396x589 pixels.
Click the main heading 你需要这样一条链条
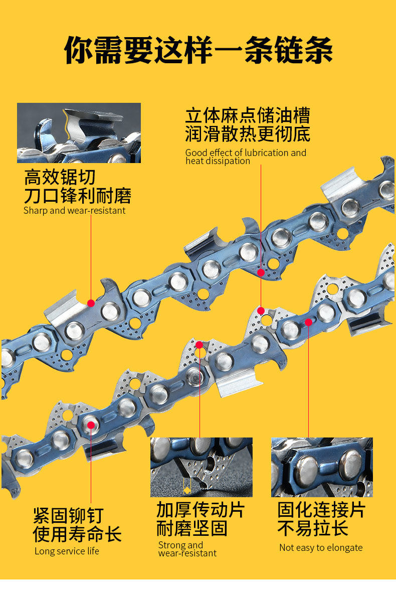[199, 50]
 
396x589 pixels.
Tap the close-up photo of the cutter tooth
[79, 133]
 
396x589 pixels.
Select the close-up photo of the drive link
[201, 467]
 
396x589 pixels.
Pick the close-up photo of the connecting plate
[322, 467]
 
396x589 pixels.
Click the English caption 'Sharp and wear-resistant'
[74, 211]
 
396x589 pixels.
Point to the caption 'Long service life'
[67, 551]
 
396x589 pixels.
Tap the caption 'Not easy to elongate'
[321, 547]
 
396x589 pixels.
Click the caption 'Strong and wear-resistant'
[187, 549]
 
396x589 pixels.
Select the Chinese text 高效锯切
[60, 177]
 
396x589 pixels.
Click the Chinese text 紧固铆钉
[68, 515]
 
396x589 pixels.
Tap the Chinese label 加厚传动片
[201, 510]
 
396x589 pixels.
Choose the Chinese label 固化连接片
[321, 510]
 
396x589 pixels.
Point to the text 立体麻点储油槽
[248, 115]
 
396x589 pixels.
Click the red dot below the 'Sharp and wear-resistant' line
[91, 303]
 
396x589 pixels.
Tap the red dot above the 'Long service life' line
[91, 425]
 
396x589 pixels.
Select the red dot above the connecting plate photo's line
[308, 322]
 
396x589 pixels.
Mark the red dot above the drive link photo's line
[200, 345]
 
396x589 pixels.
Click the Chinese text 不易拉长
[313, 528]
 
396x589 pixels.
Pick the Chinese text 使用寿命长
[77, 534]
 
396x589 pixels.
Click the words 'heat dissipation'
[218, 161]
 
